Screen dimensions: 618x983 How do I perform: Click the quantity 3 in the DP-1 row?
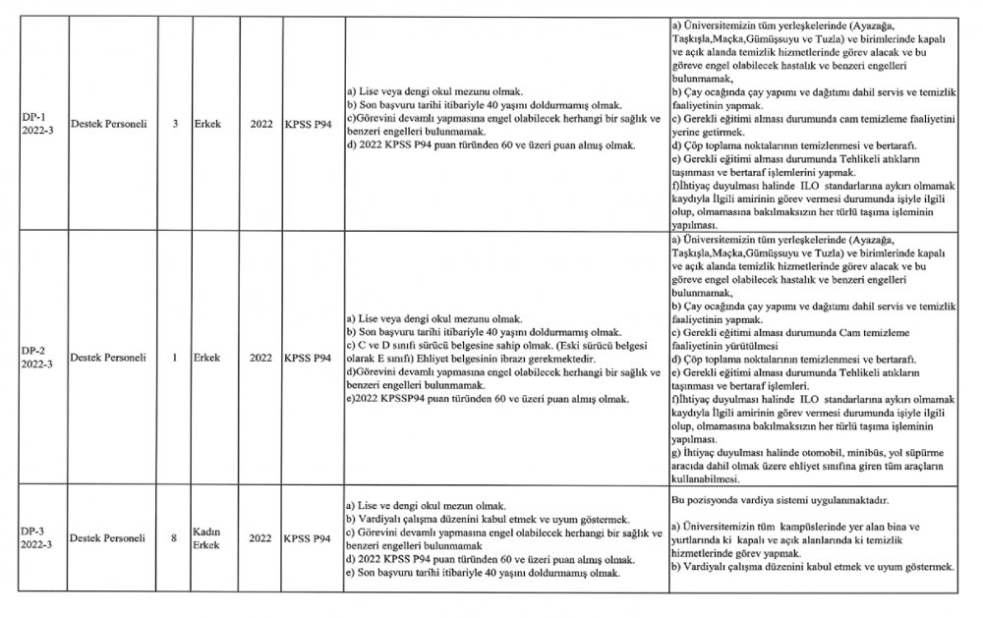(x=174, y=127)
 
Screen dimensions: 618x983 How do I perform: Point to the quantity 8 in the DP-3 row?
(x=174, y=537)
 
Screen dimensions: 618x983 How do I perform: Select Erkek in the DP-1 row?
(x=206, y=127)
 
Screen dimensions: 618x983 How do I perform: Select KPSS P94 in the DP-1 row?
(x=308, y=127)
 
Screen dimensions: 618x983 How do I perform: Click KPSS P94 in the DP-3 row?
(x=308, y=537)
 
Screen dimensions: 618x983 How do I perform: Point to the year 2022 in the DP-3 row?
(x=260, y=537)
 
